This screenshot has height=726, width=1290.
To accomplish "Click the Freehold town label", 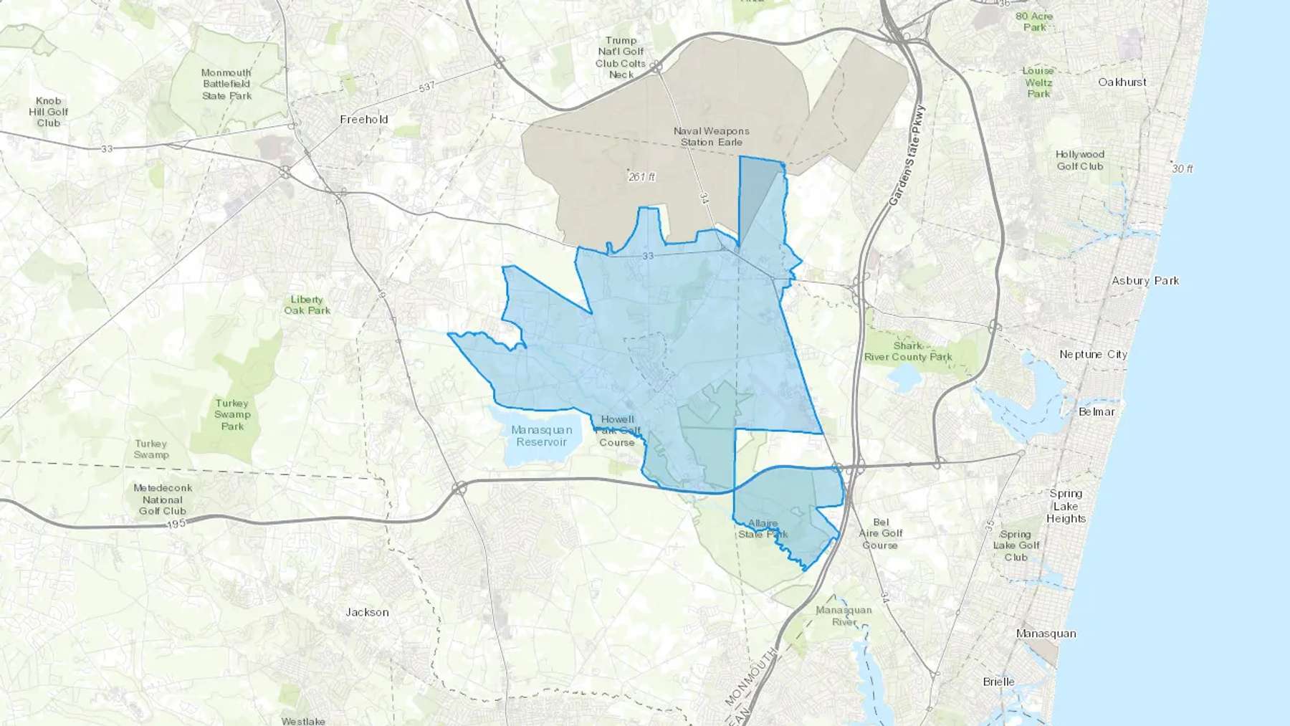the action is pos(364,120).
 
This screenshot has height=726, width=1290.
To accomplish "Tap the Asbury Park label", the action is pos(1145,281).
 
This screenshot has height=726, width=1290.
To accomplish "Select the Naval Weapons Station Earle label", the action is pos(711,137).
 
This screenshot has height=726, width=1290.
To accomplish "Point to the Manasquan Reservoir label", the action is pos(542,436).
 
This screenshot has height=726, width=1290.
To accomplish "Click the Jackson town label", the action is pos(367,612).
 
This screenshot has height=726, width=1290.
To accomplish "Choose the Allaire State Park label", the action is pos(763,529).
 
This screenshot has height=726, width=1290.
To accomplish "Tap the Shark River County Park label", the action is pos(908,351).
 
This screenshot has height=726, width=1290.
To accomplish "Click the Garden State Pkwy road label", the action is pos(907,156).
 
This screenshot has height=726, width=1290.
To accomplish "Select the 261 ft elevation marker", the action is pos(641,176).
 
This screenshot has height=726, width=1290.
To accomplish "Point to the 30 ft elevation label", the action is pos(1182,169).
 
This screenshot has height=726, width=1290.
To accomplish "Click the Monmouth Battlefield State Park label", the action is pos(226,85).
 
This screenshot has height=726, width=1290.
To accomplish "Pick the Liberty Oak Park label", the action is pos(307,305).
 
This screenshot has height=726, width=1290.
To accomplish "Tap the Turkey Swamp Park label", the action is pos(232,415).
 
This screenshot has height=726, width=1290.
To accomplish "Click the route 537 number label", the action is pos(426,87).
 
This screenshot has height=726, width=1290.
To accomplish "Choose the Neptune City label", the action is pos(1093,355).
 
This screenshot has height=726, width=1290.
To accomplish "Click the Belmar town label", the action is pos(1097,412).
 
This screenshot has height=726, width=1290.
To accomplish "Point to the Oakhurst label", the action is pos(1122,82).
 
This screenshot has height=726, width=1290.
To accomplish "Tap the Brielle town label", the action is pos(998,682).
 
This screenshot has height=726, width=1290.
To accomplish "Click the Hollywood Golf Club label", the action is pos(1080,161).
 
